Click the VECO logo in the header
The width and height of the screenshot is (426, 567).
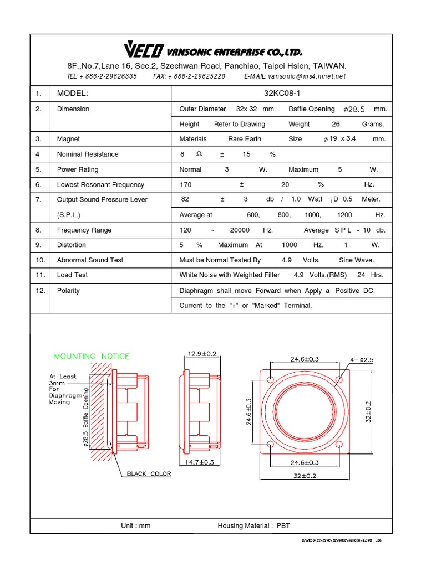point(143,51)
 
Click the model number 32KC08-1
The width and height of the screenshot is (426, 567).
point(283,94)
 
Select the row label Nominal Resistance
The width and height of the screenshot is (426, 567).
point(88,154)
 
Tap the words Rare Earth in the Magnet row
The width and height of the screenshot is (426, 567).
point(245,139)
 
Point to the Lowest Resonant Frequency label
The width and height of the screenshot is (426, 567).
point(100,185)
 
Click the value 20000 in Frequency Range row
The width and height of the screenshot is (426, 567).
point(240,230)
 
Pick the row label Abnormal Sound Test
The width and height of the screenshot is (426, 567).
point(90,260)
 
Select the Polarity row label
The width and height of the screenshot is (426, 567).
point(68,291)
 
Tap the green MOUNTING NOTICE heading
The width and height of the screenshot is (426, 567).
point(92,357)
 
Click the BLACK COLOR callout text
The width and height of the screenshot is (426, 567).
point(149,474)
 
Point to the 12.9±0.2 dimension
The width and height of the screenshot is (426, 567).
point(201,353)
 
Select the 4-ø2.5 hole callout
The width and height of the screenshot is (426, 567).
point(362,359)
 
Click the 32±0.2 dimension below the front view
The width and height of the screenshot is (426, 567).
point(305,476)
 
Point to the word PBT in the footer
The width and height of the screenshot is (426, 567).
point(283,526)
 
